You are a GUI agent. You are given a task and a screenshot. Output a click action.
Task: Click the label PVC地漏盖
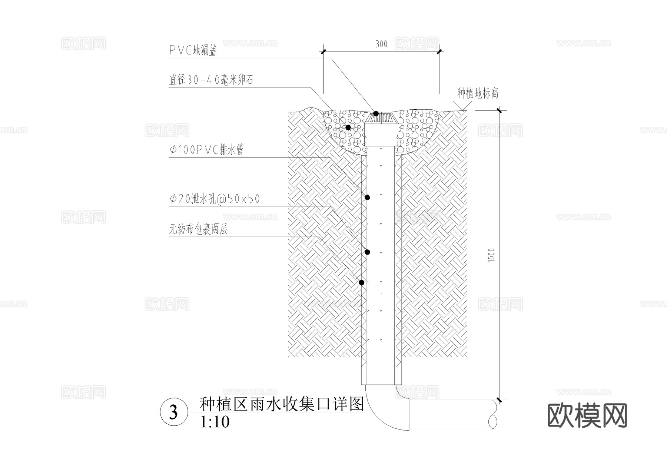tap(193, 50)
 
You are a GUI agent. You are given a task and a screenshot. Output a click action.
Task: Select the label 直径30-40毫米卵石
tap(211, 80)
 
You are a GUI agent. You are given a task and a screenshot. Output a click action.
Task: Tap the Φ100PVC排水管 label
tap(206, 150)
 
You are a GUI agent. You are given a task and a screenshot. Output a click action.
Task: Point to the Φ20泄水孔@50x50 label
tap(215, 199)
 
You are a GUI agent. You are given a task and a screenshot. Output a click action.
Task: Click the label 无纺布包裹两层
tap(198, 230)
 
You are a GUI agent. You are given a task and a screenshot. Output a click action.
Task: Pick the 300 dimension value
tap(381, 44)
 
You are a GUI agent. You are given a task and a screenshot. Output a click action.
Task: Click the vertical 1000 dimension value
tap(491, 255)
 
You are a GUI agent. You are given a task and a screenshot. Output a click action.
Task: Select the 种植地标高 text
tap(478, 93)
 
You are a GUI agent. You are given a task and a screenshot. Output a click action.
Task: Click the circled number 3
tap(173, 412)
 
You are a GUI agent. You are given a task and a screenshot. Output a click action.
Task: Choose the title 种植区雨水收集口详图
tap(282, 404)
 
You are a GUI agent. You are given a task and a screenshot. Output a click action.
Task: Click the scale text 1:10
tap(215, 422)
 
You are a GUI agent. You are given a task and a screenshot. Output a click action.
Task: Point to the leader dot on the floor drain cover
tap(376, 113)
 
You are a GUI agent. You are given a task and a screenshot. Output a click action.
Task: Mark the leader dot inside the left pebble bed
tap(348, 127)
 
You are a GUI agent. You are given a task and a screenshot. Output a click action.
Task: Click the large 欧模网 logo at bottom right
tap(587, 416)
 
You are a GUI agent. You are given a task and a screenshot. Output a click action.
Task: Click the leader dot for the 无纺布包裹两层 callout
tap(362, 282)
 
